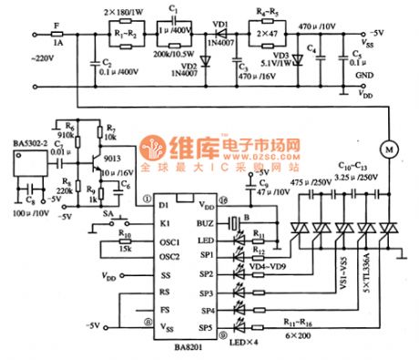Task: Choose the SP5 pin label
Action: [207, 325]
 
